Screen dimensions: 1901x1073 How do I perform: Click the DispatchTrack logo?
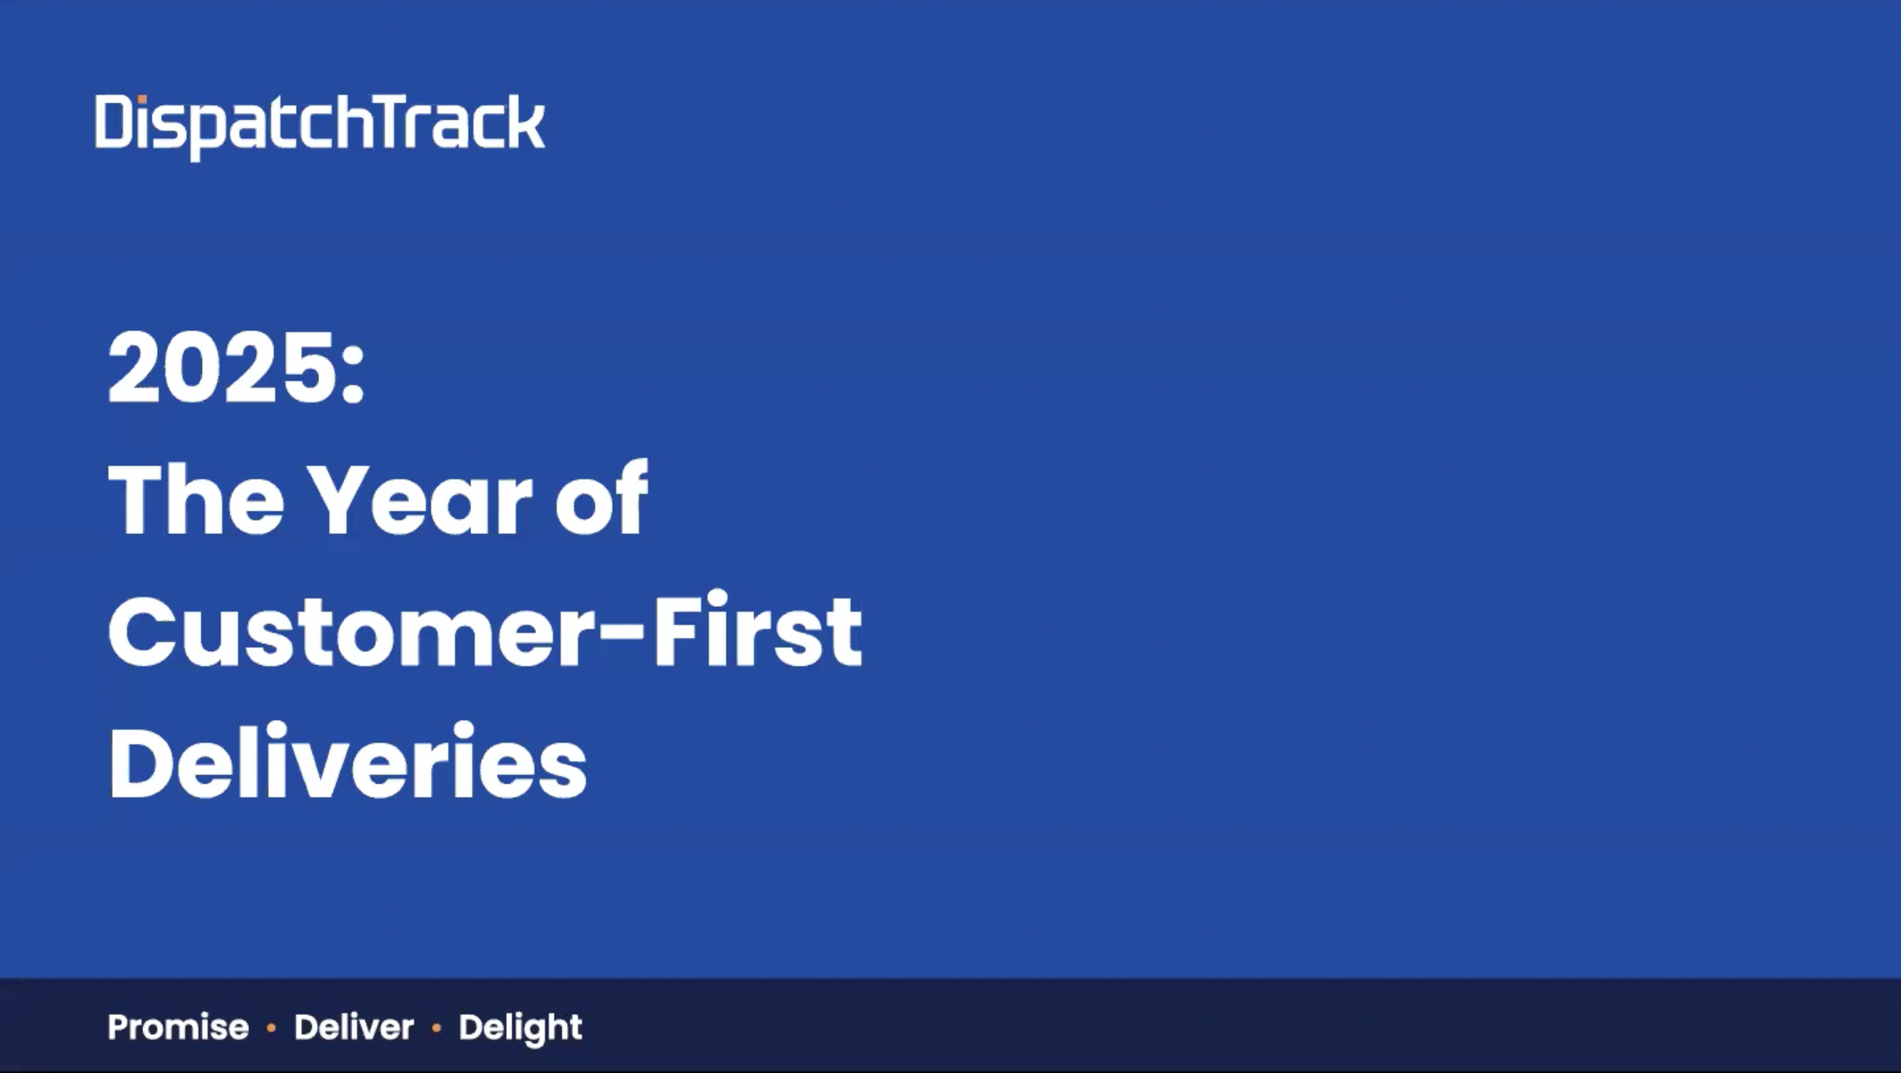pos(320,126)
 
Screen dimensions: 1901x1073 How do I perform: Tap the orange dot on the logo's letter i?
pos(142,99)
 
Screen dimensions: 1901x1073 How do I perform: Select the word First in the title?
pos(758,630)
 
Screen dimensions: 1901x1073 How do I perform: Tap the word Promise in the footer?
pos(178,1028)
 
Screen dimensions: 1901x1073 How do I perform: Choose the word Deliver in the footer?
pos(354,1027)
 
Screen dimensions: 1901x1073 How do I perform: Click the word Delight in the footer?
pos(520,1028)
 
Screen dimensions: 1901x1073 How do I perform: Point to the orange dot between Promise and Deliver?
pos(272,1029)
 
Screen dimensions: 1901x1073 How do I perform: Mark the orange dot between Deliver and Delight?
pos(436,1029)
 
